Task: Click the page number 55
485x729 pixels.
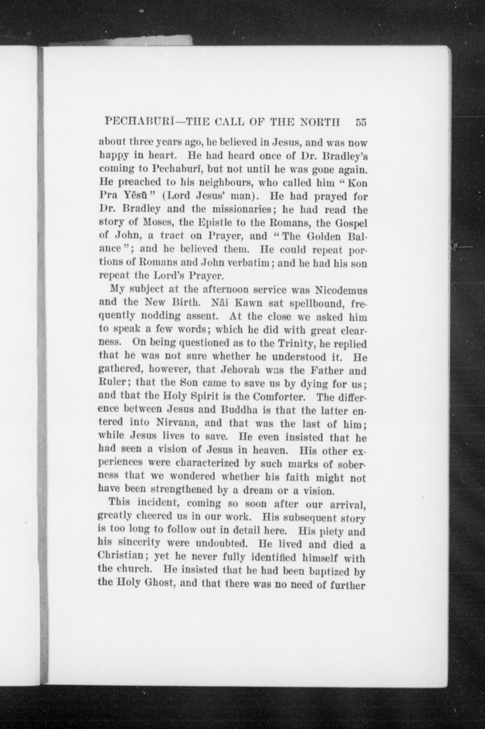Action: [361, 122]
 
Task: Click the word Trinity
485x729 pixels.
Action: [296, 344]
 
